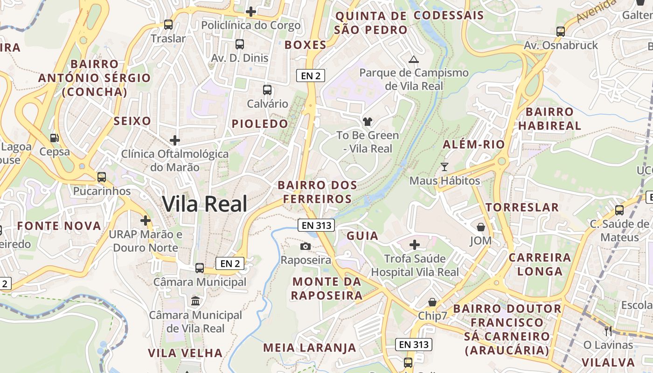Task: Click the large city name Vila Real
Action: tap(205, 204)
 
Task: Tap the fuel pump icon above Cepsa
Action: tap(55, 138)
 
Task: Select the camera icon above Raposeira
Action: tap(306, 246)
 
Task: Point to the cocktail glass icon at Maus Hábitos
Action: tap(445, 166)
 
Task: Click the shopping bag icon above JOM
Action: tap(480, 227)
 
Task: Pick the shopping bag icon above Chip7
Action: tap(432, 302)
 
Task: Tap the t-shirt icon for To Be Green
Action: tap(368, 122)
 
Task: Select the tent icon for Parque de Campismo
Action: tap(413, 59)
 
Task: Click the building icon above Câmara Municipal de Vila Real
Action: tap(195, 301)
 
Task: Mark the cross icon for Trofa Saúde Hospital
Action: tap(415, 244)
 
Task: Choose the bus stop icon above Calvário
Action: tap(267, 90)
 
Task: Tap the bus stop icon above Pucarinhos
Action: tap(102, 177)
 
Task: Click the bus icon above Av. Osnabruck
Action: tap(561, 32)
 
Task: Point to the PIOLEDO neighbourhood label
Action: tap(260, 124)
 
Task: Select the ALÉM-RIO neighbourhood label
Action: tap(474, 145)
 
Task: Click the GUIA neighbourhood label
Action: tap(362, 236)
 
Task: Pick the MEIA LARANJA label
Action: tap(310, 348)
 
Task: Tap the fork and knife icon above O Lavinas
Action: tap(608, 331)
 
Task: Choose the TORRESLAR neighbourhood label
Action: tap(522, 207)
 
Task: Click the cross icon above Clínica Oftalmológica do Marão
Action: tap(175, 140)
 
